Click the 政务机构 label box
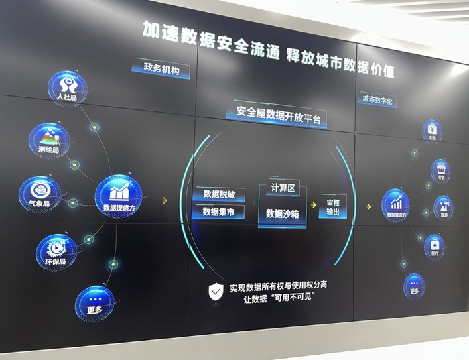(x=161, y=70)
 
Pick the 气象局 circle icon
(x=40, y=192)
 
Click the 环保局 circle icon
(x=56, y=249)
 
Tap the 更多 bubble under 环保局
(x=94, y=303)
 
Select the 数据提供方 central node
(x=119, y=195)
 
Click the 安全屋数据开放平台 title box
(x=279, y=114)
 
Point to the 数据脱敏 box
(x=218, y=194)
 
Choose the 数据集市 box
(x=218, y=212)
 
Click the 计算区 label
(x=283, y=188)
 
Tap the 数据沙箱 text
(x=283, y=213)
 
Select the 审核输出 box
(x=333, y=206)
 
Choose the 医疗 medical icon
(x=434, y=246)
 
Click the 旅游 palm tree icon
(x=443, y=206)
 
